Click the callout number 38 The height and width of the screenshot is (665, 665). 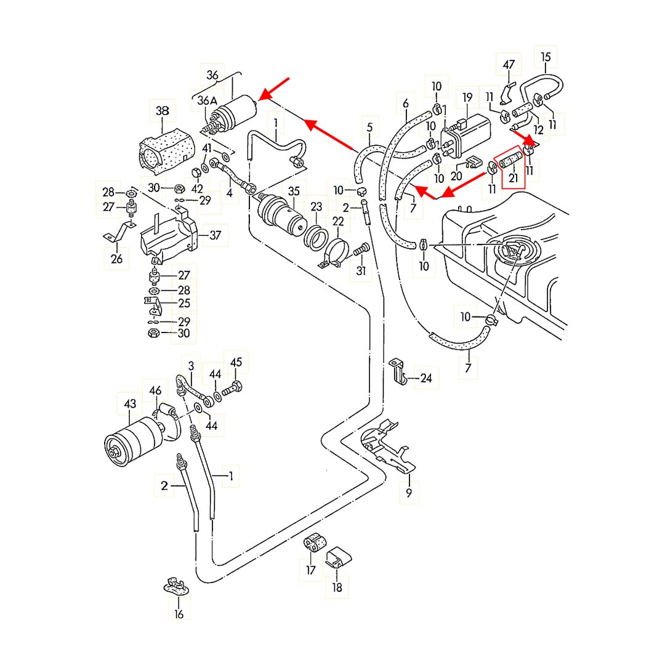163,111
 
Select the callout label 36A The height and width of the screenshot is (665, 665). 207,100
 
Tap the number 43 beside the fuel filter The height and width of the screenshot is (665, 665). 130,403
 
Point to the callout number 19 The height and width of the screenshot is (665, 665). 467,97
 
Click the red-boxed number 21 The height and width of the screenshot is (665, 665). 514,178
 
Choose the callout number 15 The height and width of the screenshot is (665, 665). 546,57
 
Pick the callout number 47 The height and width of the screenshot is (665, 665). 509,65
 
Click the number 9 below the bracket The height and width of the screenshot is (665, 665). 409,493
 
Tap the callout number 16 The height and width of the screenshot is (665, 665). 179,614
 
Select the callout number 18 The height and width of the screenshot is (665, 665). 337,587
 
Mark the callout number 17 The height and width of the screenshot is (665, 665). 311,570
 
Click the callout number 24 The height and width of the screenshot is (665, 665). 426,378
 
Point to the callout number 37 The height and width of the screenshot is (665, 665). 216,235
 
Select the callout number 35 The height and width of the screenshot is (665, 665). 294,191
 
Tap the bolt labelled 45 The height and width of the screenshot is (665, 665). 232,388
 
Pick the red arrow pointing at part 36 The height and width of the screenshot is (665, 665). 273,89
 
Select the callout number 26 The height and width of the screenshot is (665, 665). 116,259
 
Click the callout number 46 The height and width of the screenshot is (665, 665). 156,390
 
